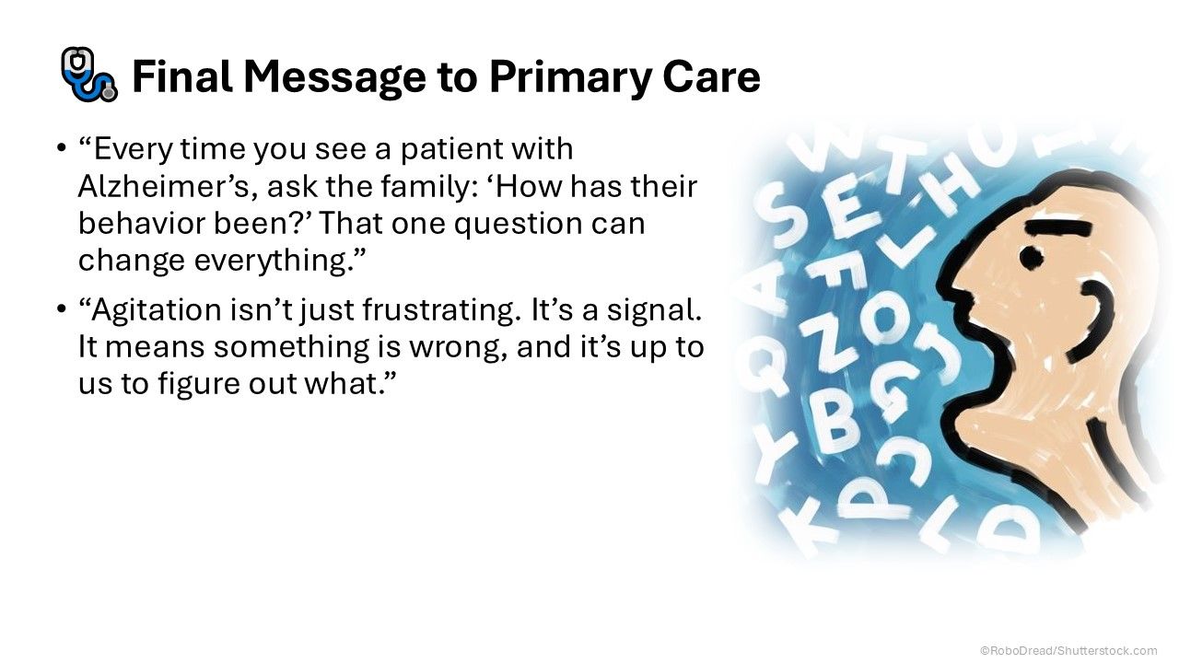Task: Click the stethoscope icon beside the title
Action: [88, 75]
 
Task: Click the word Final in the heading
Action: [182, 76]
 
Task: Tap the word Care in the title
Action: [712, 76]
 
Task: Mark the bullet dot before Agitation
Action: [62, 308]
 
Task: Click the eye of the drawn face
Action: [1031, 257]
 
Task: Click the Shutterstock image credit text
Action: [1068, 650]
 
